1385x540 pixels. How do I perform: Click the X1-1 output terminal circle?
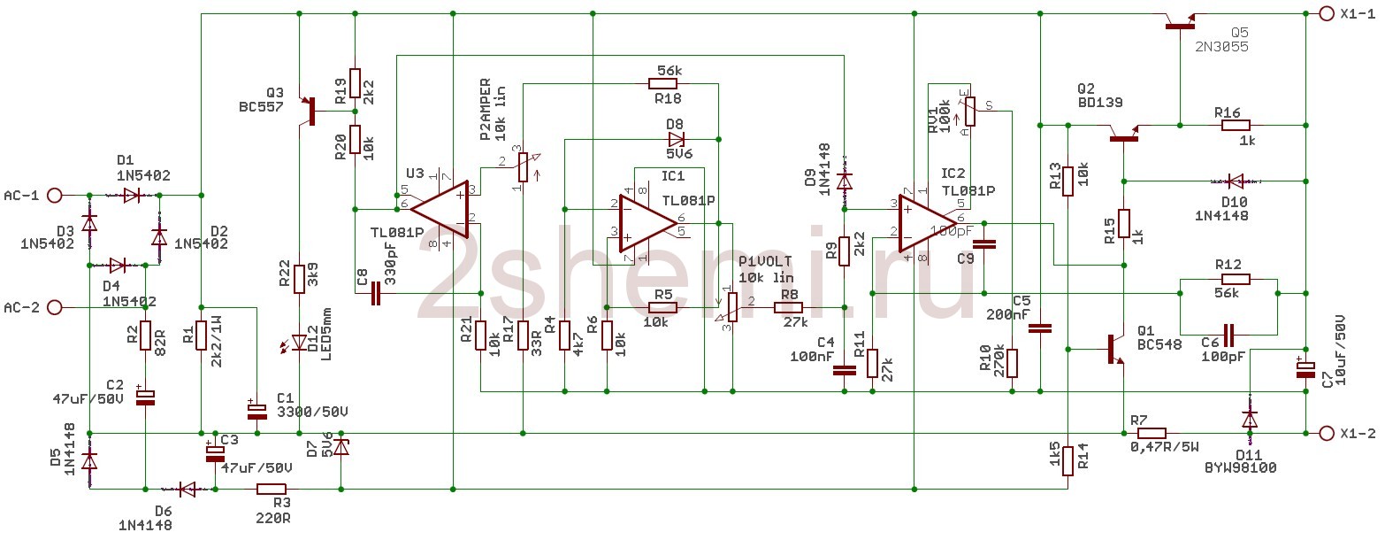point(1326,13)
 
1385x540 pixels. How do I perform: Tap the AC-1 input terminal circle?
point(54,195)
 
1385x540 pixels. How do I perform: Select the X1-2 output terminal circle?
point(1326,433)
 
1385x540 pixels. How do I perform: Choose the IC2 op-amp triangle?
point(930,220)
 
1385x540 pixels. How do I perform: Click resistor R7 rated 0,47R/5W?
point(1151,434)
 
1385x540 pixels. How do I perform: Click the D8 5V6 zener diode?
point(676,138)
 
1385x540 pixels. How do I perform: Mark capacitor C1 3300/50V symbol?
point(256,409)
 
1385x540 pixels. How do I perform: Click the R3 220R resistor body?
point(272,489)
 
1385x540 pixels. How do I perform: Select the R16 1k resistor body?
point(1236,126)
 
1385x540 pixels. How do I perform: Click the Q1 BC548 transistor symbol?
point(1113,349)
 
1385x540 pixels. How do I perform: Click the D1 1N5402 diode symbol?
point(132,195)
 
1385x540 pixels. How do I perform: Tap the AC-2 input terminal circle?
point(54,307)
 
